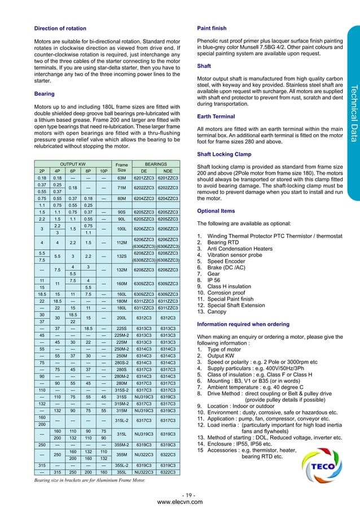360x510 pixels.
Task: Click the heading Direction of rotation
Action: point(60,28)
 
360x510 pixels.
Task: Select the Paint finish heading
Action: point(211,28)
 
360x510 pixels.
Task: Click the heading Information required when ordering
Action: point(240,308)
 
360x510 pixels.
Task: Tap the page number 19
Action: point(180,495)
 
